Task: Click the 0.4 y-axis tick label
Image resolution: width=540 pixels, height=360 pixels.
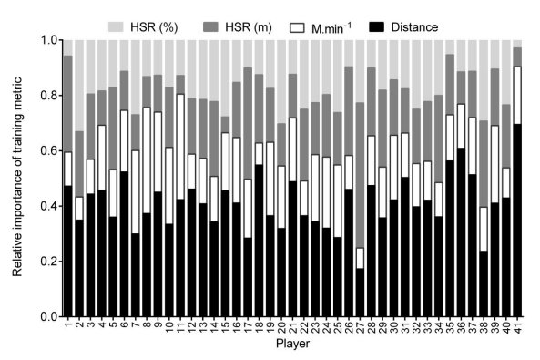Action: (x=45, y=206)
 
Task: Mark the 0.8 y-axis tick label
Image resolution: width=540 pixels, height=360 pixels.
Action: (x=45, y=96)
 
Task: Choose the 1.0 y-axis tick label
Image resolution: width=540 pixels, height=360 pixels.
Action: (x=45, y=40)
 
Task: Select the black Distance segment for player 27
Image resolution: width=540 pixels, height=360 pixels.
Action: (x=360, y=292)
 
